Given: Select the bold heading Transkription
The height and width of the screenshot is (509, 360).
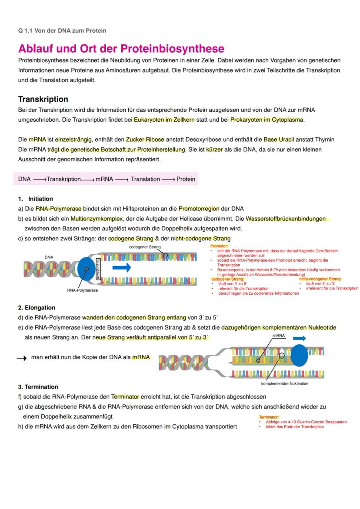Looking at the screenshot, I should tap(43, 99).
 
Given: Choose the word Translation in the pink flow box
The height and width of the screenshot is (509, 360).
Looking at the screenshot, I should tap(145, 179).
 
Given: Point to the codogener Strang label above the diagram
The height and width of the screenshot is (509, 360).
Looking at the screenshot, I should tap(145, 247).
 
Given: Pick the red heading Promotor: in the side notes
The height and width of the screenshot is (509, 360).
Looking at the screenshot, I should tap(218, 246).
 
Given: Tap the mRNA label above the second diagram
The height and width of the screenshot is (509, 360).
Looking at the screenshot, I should tap(279, 336).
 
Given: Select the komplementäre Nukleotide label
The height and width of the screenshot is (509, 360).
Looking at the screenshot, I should tap(285, 384).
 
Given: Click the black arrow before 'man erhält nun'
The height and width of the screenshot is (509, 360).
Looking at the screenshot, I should tap(22, 358).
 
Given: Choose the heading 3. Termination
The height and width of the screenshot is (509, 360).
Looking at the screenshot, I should tap(38, 387).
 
